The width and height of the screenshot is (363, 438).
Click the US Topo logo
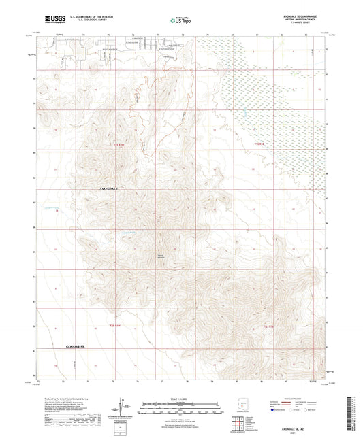coord(180,20)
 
